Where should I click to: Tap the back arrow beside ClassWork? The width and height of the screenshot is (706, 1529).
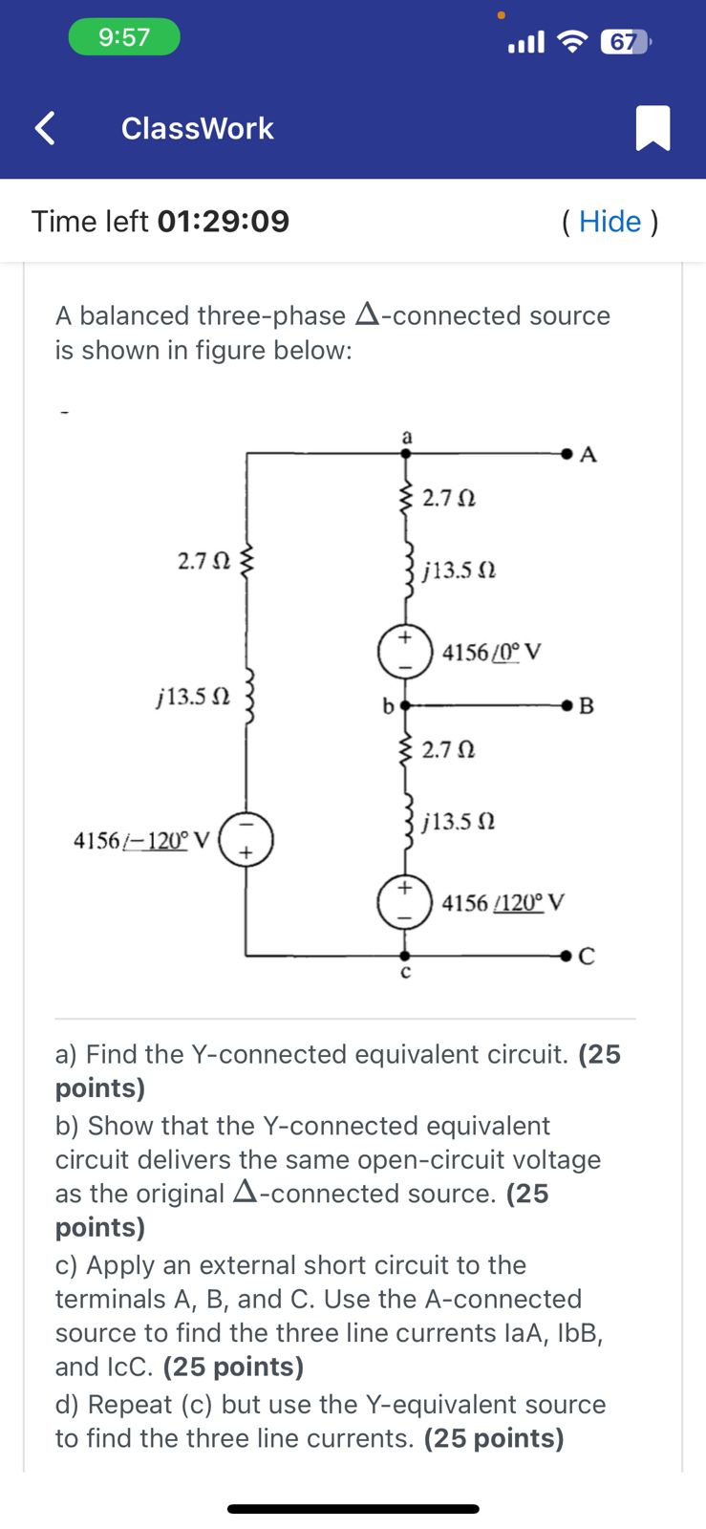44,128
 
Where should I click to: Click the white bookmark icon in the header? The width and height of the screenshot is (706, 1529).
653,128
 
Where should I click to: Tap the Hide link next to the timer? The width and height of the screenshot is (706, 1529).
610,222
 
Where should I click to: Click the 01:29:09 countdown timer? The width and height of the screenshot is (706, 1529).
223,222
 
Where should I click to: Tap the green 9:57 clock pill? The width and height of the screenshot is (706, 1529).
124,37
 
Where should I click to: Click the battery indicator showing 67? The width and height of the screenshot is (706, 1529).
624,42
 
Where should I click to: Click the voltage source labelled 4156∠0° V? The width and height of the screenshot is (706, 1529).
405,652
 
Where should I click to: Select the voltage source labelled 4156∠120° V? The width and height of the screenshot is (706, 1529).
405,902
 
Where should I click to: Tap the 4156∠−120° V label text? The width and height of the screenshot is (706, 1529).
141,841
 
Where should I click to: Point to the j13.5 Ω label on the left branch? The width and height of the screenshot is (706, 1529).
193,697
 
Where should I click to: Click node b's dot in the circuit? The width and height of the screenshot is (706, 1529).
405,705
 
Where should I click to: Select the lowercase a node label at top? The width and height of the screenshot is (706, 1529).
406,436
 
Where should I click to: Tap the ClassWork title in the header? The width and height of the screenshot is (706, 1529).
197,128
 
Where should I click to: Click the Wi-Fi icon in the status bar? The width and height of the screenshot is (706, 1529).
572,41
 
